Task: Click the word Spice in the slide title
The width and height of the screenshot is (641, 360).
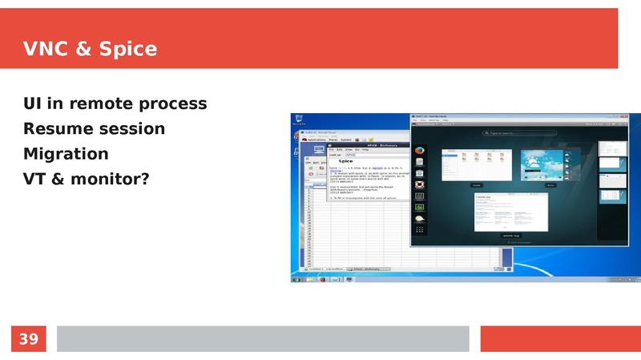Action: point(127,50)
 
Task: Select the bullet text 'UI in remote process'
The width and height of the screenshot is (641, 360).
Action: point(115,103)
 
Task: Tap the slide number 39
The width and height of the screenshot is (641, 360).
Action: point(28,339)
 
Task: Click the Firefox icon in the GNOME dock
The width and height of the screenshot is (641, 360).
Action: point(418,151)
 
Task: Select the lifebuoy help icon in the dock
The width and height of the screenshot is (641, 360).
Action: point(418,184)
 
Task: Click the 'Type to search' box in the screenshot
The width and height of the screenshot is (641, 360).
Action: point(513,133)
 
